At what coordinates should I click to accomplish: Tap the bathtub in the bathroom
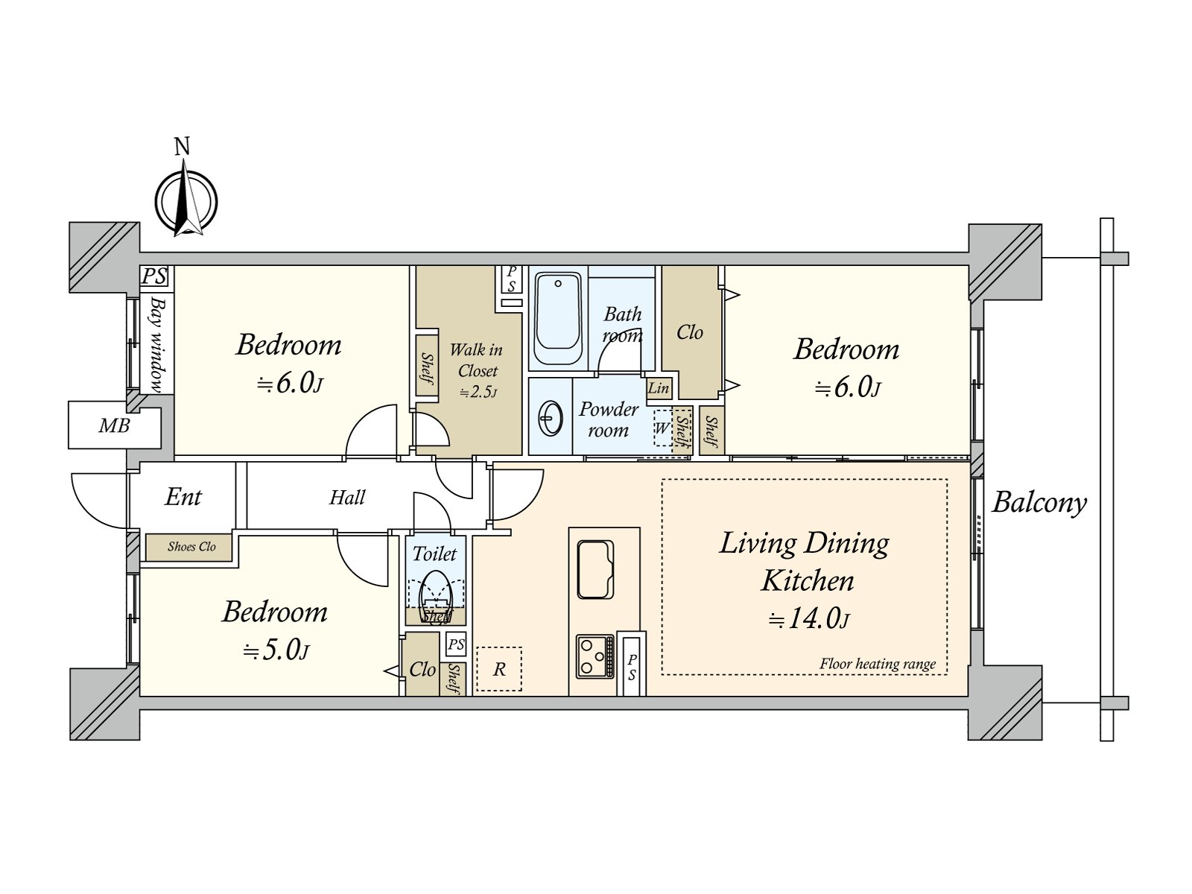558,318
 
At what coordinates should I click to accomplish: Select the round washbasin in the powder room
551,418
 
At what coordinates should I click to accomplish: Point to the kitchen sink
595,569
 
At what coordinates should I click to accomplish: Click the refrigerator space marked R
499,669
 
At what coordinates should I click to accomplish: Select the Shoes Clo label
191,547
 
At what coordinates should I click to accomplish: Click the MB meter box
115,425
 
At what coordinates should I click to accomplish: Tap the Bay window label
157,344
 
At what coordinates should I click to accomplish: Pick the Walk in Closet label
477,360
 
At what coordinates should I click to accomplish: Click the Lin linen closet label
659,388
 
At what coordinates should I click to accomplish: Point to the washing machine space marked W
662,428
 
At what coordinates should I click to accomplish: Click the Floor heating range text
878,664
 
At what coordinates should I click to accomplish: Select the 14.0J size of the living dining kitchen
808,619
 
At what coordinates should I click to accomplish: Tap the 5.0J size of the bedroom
276,650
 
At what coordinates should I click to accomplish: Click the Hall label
347,497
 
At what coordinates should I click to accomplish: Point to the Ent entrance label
183,496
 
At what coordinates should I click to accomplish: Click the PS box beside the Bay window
155,276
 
